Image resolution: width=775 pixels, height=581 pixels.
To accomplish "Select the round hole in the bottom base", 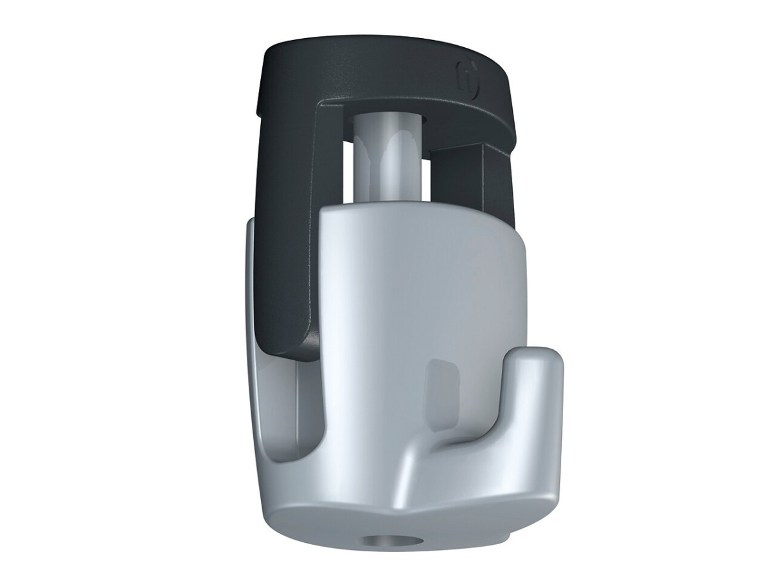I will (385, 540).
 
